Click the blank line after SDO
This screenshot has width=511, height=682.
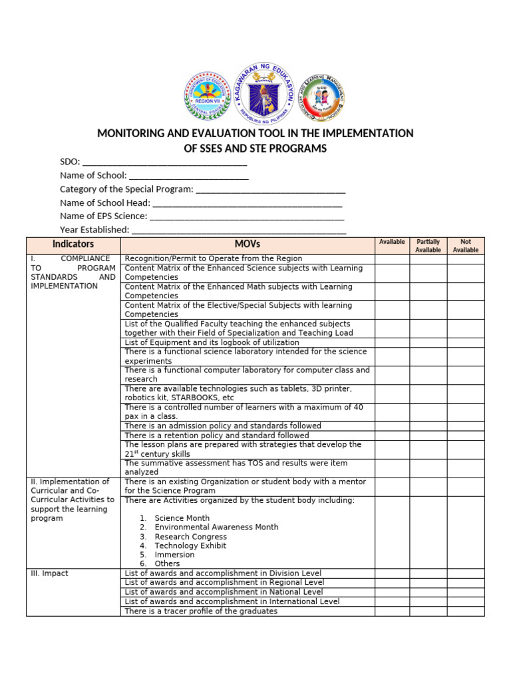pyautogui.click(x=164, y=162)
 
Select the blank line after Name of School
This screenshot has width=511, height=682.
pyautogui.click(x=188, y=176)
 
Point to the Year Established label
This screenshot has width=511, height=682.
pyautogui.click(x=94, y=230)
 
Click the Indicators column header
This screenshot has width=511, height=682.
pyautogui.click(x=73, y=244)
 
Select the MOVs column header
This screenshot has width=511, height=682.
pyautogui.click(x=248, y=244)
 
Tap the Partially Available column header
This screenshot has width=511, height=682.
pyautogui.click(x=428, y=245)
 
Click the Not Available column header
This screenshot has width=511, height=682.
pyautogui.click(x=465, y=245)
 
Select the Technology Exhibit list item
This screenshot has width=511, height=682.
pyautogui.click(x=190, y=545)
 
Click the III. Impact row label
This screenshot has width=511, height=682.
pyautogui.click(x=50, y=573)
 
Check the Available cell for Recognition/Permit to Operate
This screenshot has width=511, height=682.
pyautogui.click(x=391, y=258)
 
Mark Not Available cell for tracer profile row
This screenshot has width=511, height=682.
pyautogui.click(x=465, y=611)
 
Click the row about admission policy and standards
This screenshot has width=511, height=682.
pyautogui.click(x=223, y=426)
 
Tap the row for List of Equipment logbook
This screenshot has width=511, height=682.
pyautogui.click(x=212, y=342)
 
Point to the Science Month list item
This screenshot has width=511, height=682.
pyautogui.click(x=182, y=517)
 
